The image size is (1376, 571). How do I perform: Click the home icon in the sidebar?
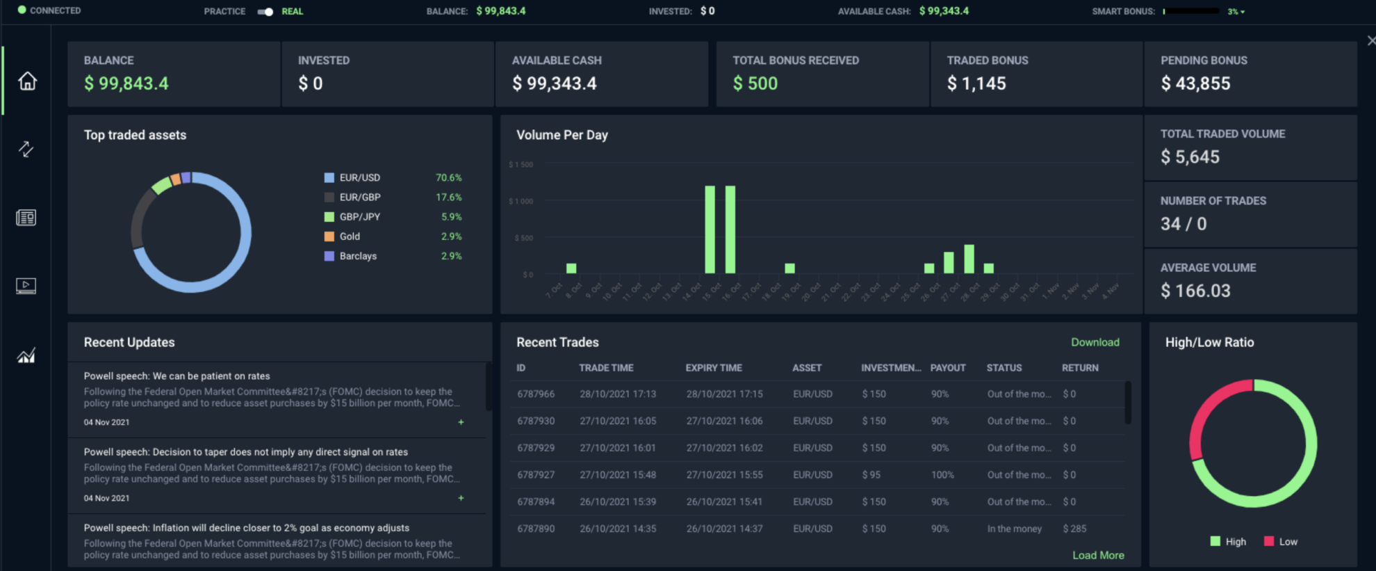coord(27,81)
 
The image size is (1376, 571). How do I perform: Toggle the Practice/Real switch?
coord(265,12)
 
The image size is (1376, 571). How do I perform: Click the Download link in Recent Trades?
coord(1095,342)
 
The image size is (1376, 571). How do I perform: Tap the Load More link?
coord(1097,555)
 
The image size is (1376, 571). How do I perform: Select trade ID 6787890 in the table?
coord(535,529)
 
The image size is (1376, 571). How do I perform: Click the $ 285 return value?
coord(1074,529)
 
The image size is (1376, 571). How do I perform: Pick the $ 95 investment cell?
coord(871,475)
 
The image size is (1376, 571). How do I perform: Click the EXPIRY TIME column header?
coord(713,368)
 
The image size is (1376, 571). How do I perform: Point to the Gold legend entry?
coord(350,236)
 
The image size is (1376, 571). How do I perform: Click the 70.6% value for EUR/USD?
coord(448,178)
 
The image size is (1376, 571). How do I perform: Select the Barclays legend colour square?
coord(329,256)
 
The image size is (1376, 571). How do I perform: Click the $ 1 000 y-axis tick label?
coord(521,202)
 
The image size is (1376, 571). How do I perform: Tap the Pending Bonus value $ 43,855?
coord(1195,83)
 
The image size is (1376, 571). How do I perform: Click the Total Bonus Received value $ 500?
coord(755,83)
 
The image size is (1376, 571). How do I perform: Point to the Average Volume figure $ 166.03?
coord(1195,291)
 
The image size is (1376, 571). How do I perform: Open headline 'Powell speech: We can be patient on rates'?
coord(177,376)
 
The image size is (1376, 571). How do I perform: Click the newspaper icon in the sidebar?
coord(26,218)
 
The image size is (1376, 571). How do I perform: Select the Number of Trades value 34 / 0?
coord(1183,224)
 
